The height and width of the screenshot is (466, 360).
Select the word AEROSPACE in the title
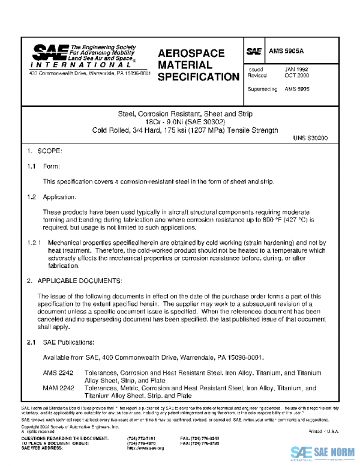pos(191,53)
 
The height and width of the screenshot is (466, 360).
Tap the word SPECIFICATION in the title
pos(198,77)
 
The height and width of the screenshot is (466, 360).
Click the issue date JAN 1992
pos(296,70)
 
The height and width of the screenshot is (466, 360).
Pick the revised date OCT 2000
pos(296,76)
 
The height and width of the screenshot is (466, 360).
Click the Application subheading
pos(59,197)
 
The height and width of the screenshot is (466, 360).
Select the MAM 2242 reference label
pos(58,389)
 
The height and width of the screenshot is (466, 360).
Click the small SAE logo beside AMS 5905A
pos(254,52)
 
